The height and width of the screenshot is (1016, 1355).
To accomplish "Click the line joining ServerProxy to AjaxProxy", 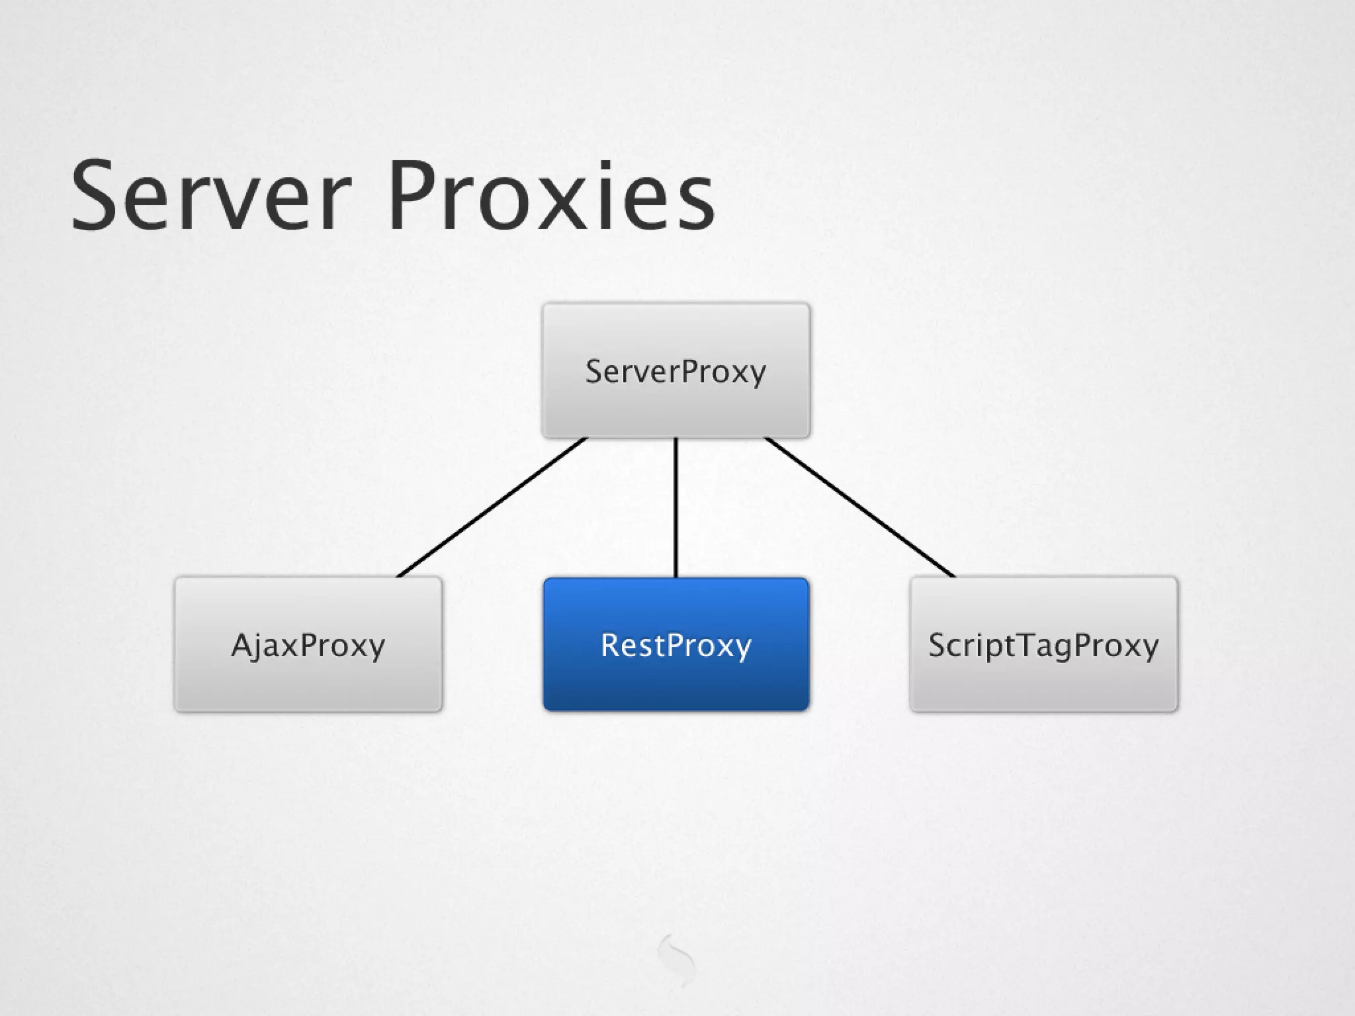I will tap(492, 507).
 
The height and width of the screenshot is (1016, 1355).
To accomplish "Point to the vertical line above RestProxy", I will tap(676, 507).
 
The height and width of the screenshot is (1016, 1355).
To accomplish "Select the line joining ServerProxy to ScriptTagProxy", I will tap(859, 507).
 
